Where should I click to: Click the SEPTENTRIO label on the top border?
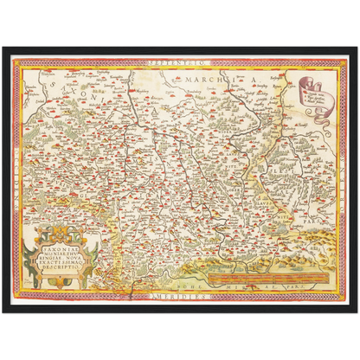[179, 62]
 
